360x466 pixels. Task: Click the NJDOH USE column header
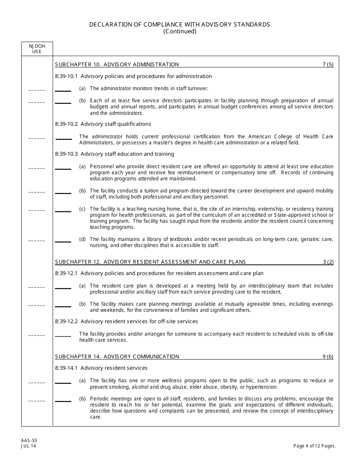pos(37,48)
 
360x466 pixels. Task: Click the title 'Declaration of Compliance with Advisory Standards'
pos(180,24)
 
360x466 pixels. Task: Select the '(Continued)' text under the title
pos(180,31)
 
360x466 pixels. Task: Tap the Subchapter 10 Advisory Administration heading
pos(117,64)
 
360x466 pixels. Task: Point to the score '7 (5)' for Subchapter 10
pos(327,64)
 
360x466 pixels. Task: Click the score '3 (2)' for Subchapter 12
pos(327,262)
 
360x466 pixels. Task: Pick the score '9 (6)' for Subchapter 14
pos(327,357)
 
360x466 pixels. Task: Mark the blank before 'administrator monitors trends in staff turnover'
pos(63,90)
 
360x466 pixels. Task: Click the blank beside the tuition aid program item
pos(63,192)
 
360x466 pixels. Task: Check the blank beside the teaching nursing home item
pos(63,210)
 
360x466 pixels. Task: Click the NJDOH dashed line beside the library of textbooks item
pos(37,241)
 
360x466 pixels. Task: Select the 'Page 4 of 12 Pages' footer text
pos(315,446)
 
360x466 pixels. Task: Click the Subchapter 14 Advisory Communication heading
pos(117,357)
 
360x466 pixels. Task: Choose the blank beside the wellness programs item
pos(63,382)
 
